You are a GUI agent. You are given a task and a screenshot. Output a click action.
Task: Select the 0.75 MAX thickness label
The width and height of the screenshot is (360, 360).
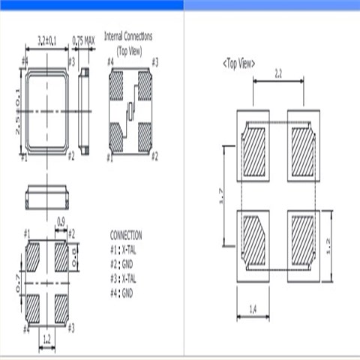(82, 40)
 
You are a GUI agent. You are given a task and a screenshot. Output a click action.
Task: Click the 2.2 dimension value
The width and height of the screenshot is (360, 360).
(277, 75)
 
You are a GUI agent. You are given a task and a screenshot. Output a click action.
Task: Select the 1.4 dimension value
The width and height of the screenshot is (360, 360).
(253, 309)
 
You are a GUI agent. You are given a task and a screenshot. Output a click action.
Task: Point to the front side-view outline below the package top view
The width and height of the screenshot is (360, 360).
(48, 198)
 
